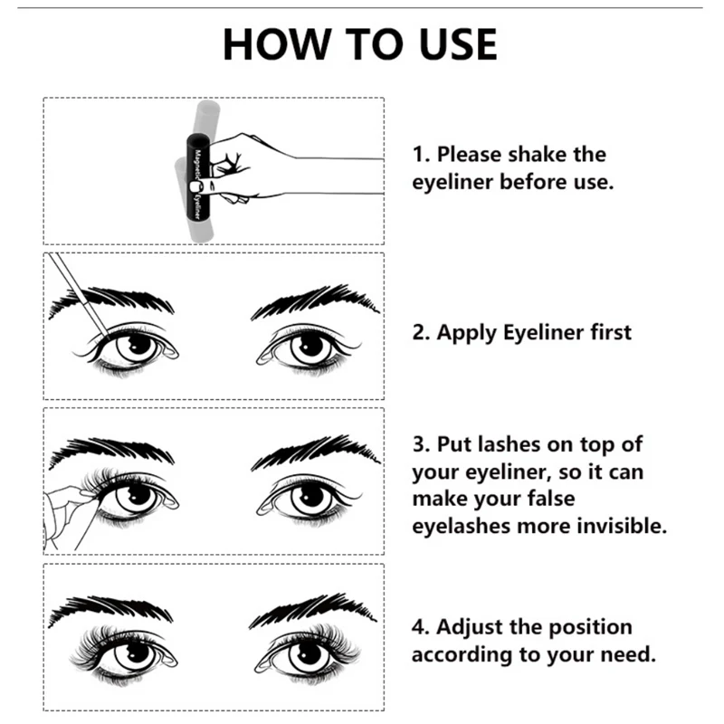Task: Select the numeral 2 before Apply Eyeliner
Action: [418, 333]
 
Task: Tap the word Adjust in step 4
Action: [465, 627]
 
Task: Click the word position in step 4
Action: [590, 628]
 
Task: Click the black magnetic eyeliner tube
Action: [198, 176]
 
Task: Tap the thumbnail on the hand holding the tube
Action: [196, 186]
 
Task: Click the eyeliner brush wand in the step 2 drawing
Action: [79, 295]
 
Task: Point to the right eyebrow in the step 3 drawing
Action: [315, 451]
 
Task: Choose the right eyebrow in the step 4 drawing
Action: [313, 610]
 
